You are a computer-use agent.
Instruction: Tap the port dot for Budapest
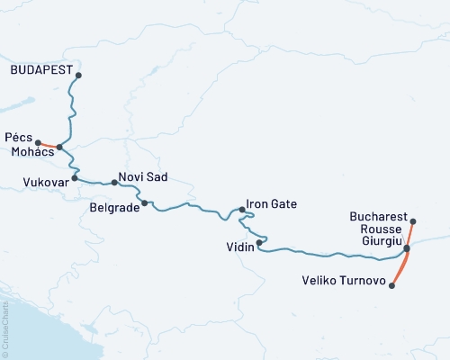pyautogui.click(x=78, y=76)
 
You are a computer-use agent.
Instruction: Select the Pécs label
pyautogui.click(x=18, y=138)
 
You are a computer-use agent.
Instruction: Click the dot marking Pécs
pyautogui.click(x=38, y=142)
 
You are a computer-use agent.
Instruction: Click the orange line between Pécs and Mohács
pyautogui.click(x=49, y=145)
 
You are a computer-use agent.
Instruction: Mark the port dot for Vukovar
pyautogui.click(x=75, y=178)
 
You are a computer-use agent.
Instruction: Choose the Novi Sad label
pyautogui.click(x=142, y=177)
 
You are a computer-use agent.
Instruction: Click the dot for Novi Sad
pyautogui.click(x=114, y=183)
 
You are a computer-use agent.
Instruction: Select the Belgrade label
pyautogui.click(x=113, y=207)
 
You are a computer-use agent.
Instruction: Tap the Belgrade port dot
pyautogui.click(x=144, y=202)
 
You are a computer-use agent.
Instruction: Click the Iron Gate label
pyautogui.click(x=271, y=204)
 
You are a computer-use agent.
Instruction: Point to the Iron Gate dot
pyautogui.click(x=242, y=211)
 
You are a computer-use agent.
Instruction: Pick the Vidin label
pyautogui.click(x=238, y=245)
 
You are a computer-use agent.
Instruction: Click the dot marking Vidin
pyautogui.click(x=259, y=242)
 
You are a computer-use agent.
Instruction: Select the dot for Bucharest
pyautogui.click(x=413, y=221)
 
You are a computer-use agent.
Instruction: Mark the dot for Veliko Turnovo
pyautogui.click(x=392, y=286)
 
